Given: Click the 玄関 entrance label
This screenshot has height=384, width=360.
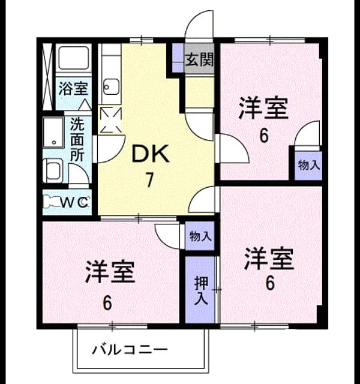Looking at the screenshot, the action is point(199,59).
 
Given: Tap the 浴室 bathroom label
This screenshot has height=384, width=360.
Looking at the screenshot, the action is point(73,88).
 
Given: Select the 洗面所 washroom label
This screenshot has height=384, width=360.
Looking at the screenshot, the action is point(77,139).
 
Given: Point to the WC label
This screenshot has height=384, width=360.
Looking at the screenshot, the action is point(74,202).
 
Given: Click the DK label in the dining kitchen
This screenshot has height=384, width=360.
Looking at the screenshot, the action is point(151,154).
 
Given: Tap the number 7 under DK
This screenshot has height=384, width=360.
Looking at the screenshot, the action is point(149,180).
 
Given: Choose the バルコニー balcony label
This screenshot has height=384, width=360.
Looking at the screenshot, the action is point(130,349).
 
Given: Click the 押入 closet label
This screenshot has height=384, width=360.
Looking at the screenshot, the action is point(202,290).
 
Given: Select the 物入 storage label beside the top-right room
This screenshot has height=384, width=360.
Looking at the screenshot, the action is point(309,166).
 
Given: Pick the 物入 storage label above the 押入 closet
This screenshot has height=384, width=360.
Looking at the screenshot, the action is point(200,236).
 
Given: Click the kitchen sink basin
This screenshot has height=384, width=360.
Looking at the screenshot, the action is point(111,87).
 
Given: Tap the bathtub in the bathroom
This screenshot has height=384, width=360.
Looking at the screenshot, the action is point(73,58).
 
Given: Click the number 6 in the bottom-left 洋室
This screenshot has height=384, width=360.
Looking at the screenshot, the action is point(107,303).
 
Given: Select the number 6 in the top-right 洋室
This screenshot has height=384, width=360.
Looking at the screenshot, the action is point(264,136).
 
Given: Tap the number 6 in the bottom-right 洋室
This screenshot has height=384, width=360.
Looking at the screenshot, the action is point(270,283).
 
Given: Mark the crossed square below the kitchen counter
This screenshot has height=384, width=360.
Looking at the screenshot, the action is point(111,120).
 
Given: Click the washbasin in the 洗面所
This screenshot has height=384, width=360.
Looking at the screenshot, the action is point(53,133).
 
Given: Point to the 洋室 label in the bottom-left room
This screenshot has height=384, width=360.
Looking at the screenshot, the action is point(110,272).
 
